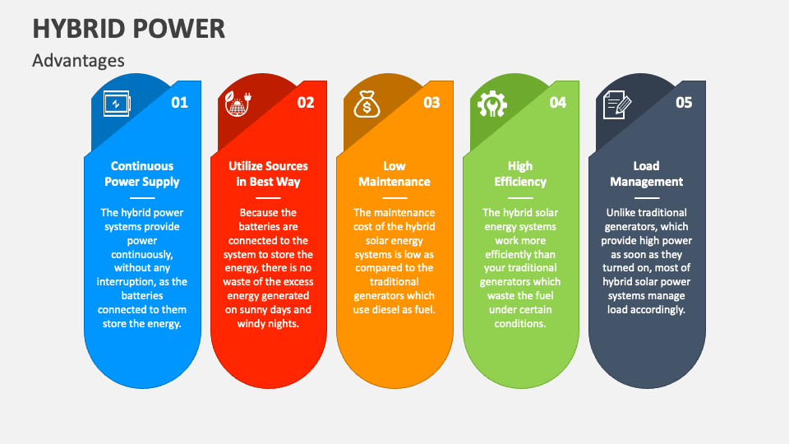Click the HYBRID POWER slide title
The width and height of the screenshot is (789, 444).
[x=129, y=28]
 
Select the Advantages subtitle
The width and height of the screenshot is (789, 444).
[x=79, y=60]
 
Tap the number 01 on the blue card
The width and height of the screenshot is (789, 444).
[x=179, y=103]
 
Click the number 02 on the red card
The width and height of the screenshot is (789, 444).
[x=306, y=103]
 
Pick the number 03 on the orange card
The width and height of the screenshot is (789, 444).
[x=431, y=103]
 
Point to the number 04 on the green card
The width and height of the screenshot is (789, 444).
[x=558, y=103]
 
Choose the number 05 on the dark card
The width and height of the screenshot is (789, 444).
[x=684, y=103]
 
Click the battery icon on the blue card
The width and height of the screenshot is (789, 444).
[x=116, y=104]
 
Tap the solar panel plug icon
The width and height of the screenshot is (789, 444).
[x=239, y=104]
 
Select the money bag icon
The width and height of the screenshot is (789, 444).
[x=366, y=104]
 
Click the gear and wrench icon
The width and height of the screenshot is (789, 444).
[x=492, y=104]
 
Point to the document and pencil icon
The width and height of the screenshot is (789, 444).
[x=617, y=104]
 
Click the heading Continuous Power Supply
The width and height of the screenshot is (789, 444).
[x=142, y=173]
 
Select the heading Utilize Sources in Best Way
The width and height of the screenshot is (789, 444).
[x=269, y=173]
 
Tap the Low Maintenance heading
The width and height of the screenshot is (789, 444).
[x=394, y=173]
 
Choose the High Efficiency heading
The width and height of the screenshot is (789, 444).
[x=520, y=173]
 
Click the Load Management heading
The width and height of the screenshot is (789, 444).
[x=647, y=173]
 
